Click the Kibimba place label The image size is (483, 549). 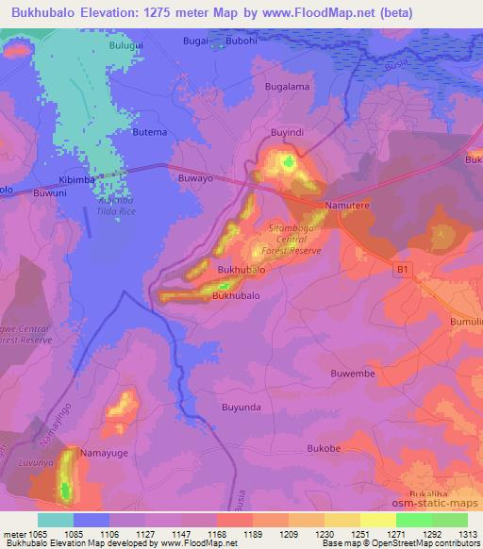(77, 178)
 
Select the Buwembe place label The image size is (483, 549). (353, 374)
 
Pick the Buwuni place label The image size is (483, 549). (50, 192)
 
